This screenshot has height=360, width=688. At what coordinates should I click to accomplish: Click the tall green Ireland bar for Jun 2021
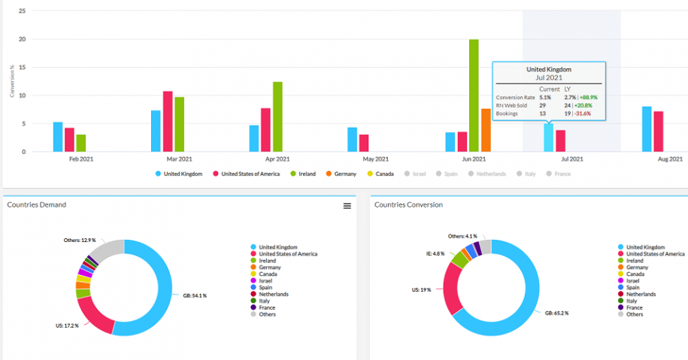(x=474, y=95)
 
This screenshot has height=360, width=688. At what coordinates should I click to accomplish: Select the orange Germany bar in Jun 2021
(x=486, y=130)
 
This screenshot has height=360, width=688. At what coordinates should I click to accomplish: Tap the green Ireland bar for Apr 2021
(x=277, y=116)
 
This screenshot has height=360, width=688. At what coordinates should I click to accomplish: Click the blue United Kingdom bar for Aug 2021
(x=647, y=129)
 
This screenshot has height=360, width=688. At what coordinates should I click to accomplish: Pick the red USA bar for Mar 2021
(x=168, y=121)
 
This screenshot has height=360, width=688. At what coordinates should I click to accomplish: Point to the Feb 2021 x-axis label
(x=81, y=159)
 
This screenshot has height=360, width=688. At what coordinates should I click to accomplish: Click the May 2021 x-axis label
(x=375, y=159)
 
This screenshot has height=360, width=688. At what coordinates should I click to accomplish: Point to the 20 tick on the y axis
(x=23, y=39)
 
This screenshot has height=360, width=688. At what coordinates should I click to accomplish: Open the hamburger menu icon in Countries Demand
(x=347, y=205)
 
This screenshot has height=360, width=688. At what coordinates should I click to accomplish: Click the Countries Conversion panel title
(x=408, y=204)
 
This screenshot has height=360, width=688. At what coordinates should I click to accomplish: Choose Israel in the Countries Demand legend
(x=265, y=280)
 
